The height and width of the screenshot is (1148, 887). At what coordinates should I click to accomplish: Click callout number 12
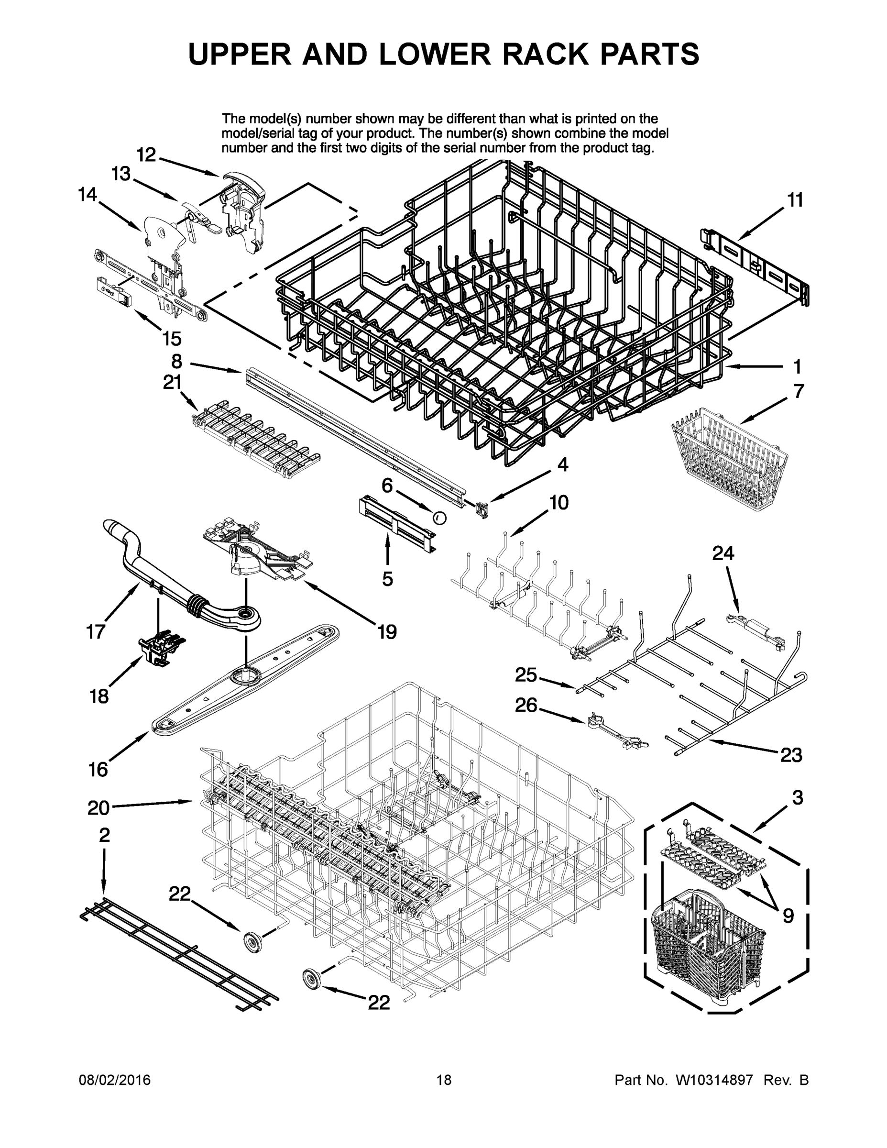point(147,155)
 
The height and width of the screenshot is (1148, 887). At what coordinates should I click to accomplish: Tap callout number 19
point(387,631)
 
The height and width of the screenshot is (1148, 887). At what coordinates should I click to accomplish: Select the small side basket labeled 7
point(731,462)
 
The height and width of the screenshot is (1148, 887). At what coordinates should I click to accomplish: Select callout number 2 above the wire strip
point(105,834)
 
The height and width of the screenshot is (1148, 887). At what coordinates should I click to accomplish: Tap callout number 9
point(788,916)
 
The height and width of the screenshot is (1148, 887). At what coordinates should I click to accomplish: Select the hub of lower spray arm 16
point(245,674)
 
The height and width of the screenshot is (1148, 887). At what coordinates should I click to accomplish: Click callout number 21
point(172,382)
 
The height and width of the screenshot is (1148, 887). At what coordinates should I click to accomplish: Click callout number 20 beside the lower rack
point(99,807)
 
